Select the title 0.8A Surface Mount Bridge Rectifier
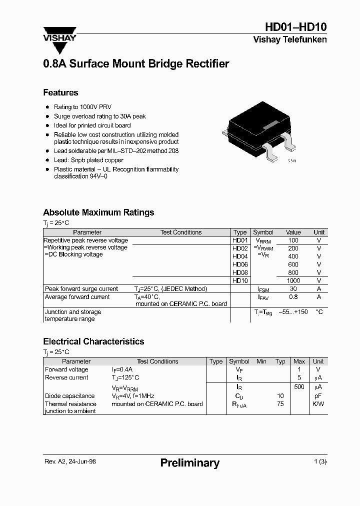136,64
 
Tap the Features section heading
60,92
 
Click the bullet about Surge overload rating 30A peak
99,116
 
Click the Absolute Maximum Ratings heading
98,212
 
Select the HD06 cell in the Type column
240,264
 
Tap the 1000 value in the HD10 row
293,281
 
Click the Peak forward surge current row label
81,289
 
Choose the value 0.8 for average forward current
293,297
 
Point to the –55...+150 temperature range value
293,312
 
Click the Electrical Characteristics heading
93,341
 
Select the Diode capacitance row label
69,396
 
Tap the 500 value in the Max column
299,387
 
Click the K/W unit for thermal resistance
318,404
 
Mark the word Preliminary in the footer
189,463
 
